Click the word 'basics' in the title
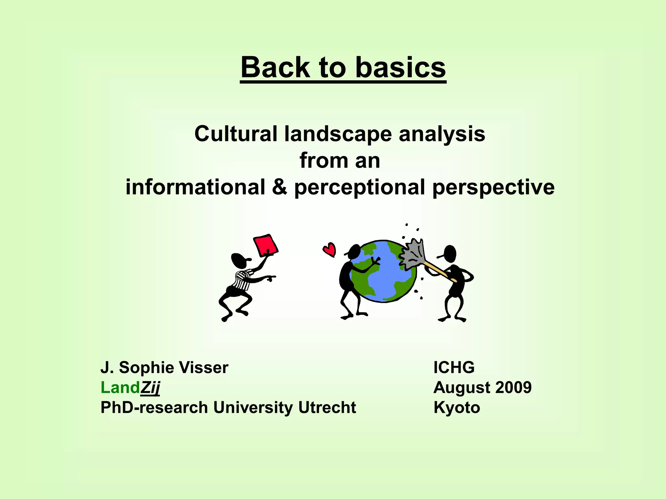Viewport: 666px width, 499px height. pyautogui.click(x=400, y=68)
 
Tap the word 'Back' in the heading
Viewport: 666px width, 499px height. pyautogui.click(x=275, y=68)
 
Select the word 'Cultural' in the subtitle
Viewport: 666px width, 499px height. pyautogui.click(x=235, y=134)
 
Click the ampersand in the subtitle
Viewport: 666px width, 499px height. pyautogui.click(x=280, y=187)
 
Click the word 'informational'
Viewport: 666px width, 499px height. pyautogui.click(x=195, y=187)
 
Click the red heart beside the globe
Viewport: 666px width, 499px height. pyautogui.click(x=329, y=249)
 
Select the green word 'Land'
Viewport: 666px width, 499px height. pyautogui.click(x=120, y=388)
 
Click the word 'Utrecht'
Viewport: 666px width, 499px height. pyautogui.click(x=327, y=408)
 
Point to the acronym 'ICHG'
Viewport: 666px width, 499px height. pyautogui.click(x=454, y=368)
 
